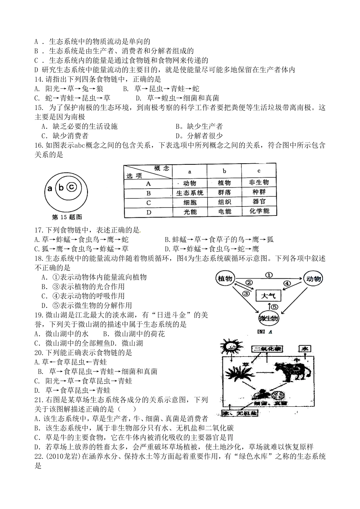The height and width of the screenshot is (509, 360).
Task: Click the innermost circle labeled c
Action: coord(72,187)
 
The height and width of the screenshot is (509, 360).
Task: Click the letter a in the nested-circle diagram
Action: coord(49,188)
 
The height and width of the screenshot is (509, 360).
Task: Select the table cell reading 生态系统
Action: coord(190,193)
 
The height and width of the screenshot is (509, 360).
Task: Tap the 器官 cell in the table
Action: coord(259,202)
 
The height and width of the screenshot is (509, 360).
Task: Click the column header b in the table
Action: coord(224,171)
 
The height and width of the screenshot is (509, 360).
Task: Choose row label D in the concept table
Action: coord(149,212)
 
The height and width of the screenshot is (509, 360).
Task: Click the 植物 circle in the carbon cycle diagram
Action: coord(225,279)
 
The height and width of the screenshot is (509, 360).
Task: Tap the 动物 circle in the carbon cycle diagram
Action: coord(313,279)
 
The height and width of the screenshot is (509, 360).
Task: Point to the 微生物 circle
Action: coord(269,319)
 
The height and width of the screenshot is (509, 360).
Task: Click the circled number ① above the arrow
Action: coord(269,275)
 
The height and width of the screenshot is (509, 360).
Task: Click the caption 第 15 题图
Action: coord(67,217)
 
